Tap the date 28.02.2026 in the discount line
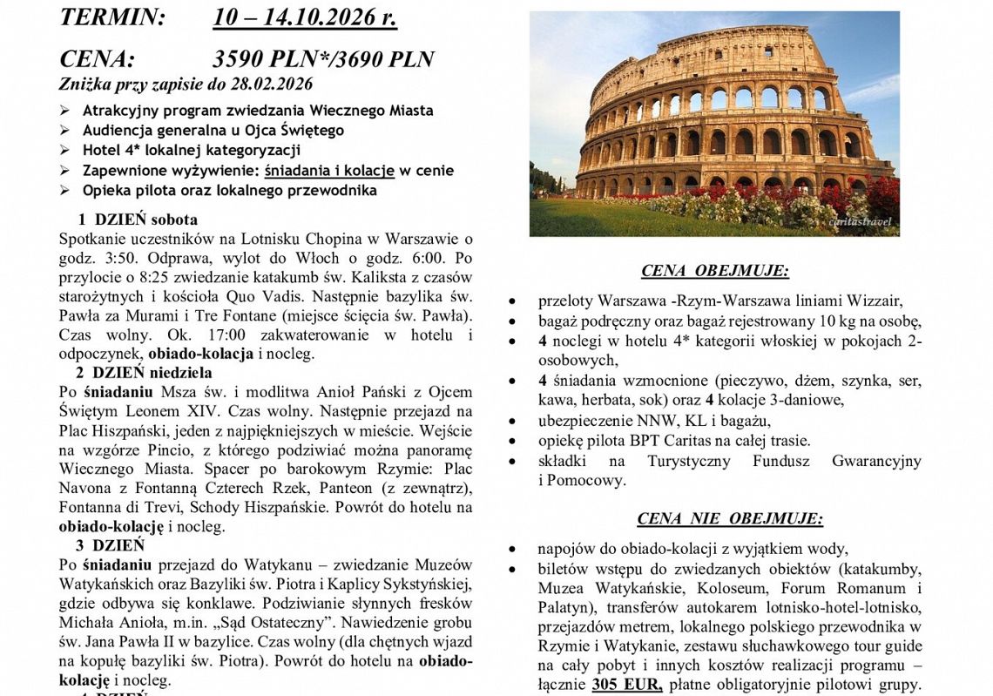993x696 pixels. [267, 84]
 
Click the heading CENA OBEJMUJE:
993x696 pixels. [715, 271]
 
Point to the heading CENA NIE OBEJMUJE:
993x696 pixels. [730, 519]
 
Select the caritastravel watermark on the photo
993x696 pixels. [861, 222]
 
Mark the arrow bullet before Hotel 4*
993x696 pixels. [65, 151]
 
